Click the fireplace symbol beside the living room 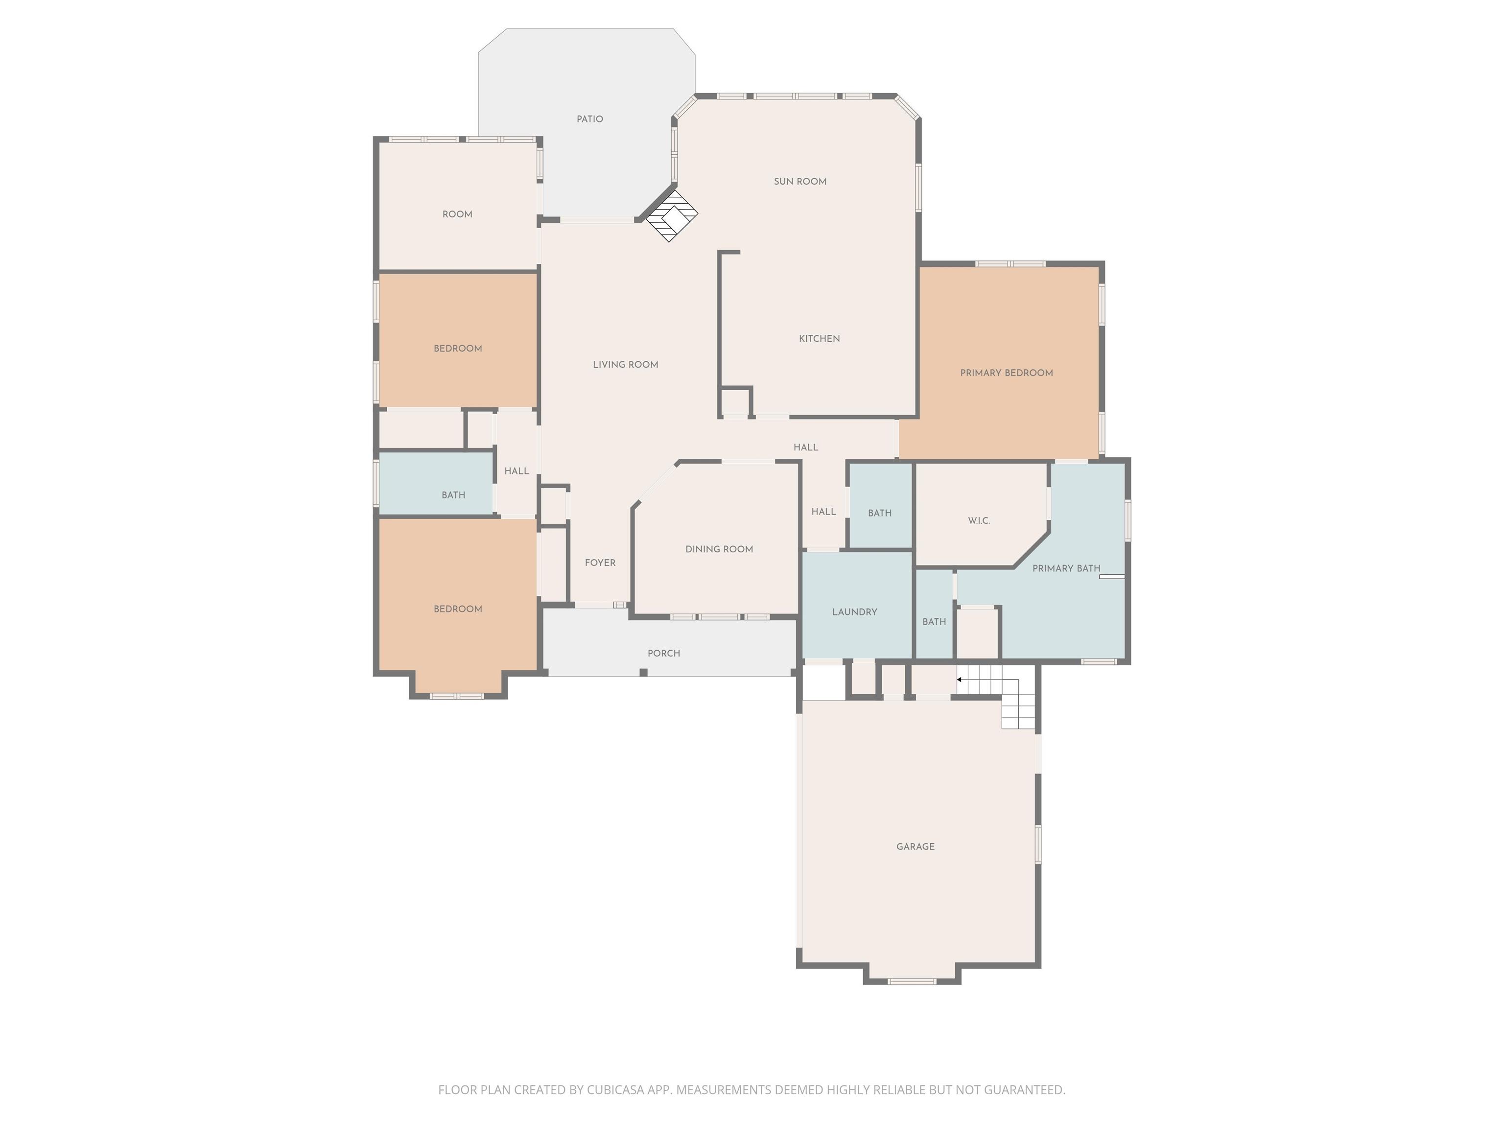click(x=671, y=215)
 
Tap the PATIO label click(x=589, y=119)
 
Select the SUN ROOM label click(x=800, y=182)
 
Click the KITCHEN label click(x=819, y=339)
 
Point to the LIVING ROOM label click(x=626, y=364)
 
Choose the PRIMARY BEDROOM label click(x=1006, y=373)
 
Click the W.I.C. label click(x=979, y=521)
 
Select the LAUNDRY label click(x=855, y=612)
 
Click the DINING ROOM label click(x=719, y=549)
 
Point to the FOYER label click(x=600, y=563)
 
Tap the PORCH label click(x=663, y=654)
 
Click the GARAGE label click(x=915, y=846)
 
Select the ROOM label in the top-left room click(x=458, y=214)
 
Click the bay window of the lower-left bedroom click(x=458, y=687)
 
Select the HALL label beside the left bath click(x=517, y=471)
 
